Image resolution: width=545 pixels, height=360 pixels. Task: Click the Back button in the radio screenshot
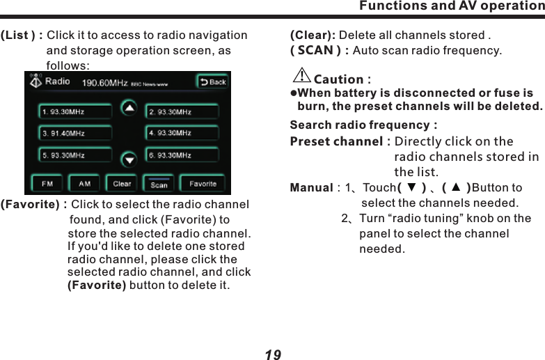[213, 82]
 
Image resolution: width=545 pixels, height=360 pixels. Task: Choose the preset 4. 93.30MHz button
[182, 133]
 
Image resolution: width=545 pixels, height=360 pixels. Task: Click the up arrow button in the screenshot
[129, 108]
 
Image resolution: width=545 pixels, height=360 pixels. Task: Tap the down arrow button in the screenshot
[129, 159]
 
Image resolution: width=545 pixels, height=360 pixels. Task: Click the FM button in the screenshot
[47, 184]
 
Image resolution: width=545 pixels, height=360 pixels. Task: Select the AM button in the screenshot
[85, 184]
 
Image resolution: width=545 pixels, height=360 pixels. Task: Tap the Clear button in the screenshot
[122, 184]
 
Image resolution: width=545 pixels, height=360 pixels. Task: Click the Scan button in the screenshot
[159, 184]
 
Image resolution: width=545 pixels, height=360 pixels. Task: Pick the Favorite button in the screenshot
[203, 184]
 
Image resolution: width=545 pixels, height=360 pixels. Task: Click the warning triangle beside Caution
[302, 75]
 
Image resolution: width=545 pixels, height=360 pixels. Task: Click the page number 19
[273, 355]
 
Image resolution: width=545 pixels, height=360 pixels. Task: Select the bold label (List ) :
[22, 36]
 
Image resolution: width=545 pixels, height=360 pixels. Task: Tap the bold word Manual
[311, 188]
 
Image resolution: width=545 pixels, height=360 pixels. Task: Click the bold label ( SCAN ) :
[319, 51]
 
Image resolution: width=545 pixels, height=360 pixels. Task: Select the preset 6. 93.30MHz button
[182, 155]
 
